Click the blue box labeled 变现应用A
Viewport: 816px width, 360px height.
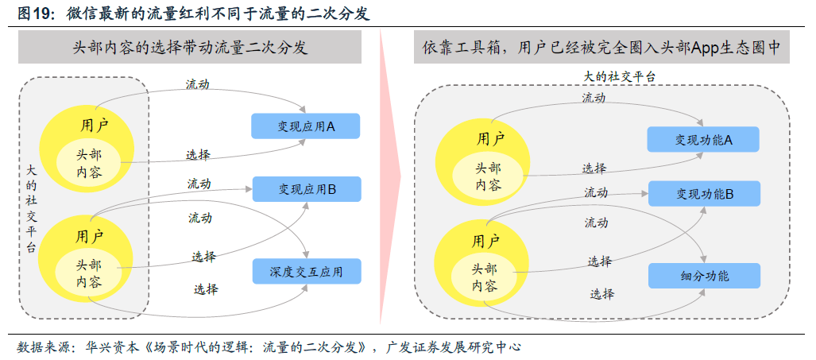[306, 126]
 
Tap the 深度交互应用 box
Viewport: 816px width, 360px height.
[306, 272]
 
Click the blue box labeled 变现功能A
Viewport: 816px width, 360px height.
[703, 139]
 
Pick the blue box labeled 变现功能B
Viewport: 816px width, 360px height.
[704, 193]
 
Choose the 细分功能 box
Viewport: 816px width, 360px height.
[704, 276]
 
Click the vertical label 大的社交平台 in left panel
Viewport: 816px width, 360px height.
[31, 209]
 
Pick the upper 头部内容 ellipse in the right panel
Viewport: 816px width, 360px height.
[487, 176]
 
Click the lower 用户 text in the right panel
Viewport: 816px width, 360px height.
[485, 240]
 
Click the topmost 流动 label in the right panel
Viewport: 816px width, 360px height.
[593, 98]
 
